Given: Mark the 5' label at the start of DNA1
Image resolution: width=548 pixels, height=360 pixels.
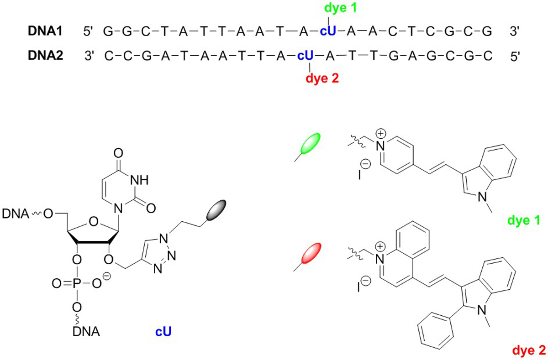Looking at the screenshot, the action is [88, 32].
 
